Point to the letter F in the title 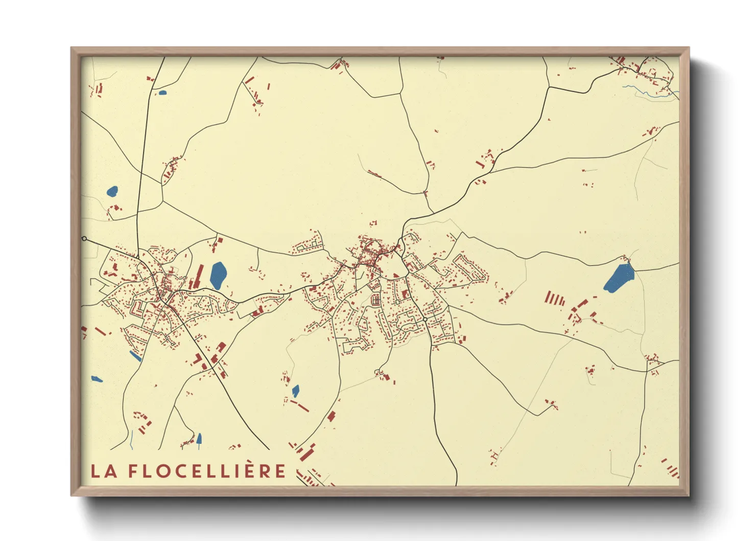click(133, 471)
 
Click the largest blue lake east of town click(619, 278)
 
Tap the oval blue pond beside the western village click(218, 275)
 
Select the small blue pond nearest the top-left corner click(162, 93)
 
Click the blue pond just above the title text click(199, 438)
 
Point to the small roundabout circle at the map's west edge click(84, 239)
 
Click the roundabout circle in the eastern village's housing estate click(425, 319)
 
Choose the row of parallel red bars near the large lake click(555, 298)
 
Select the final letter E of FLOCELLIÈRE click(280, 471)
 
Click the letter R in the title click(266, 471)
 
